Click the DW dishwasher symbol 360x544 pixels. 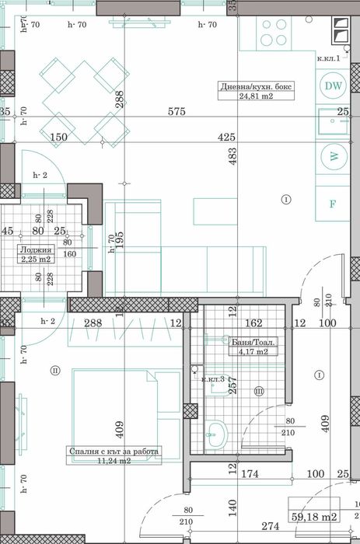pyautogui.click(x=333, y=86)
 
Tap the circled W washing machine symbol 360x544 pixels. pyautogui.click(x=334, y=156)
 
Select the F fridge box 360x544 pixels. pyautogui.click(x=333, y=204)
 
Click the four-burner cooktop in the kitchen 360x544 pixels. pyautogui.click(x=274, y=33)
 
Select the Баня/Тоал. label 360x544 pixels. pyautogui.click(x=253, y=341)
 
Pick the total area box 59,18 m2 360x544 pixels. pyautogui.click(x=313, y=515)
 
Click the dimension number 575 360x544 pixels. pyautogui.click(x=177, y=112)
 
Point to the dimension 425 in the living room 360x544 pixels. pyautogui.click(x=226, y=138)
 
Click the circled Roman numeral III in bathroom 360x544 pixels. pyautogui.click(x=259, y=390)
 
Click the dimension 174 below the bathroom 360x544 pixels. pyautogui.click(x=250, y=473)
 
